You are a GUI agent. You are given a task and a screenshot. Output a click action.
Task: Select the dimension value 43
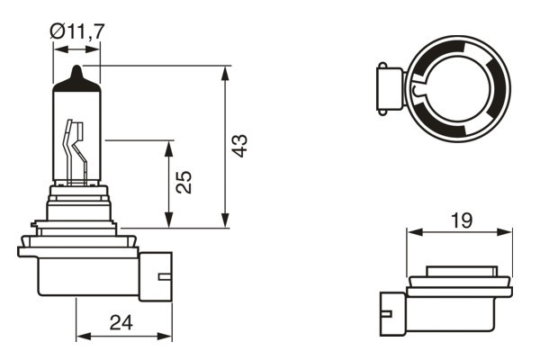(238, 147)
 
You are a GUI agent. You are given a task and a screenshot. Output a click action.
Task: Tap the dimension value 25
(183, 184)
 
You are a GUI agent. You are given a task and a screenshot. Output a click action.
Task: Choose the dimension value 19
(460, 218)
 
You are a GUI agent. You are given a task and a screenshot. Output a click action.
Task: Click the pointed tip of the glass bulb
(77, 70)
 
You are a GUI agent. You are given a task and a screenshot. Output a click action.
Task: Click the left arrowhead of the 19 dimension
(412, 232)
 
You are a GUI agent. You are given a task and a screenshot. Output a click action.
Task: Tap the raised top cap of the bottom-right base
(460, 270)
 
